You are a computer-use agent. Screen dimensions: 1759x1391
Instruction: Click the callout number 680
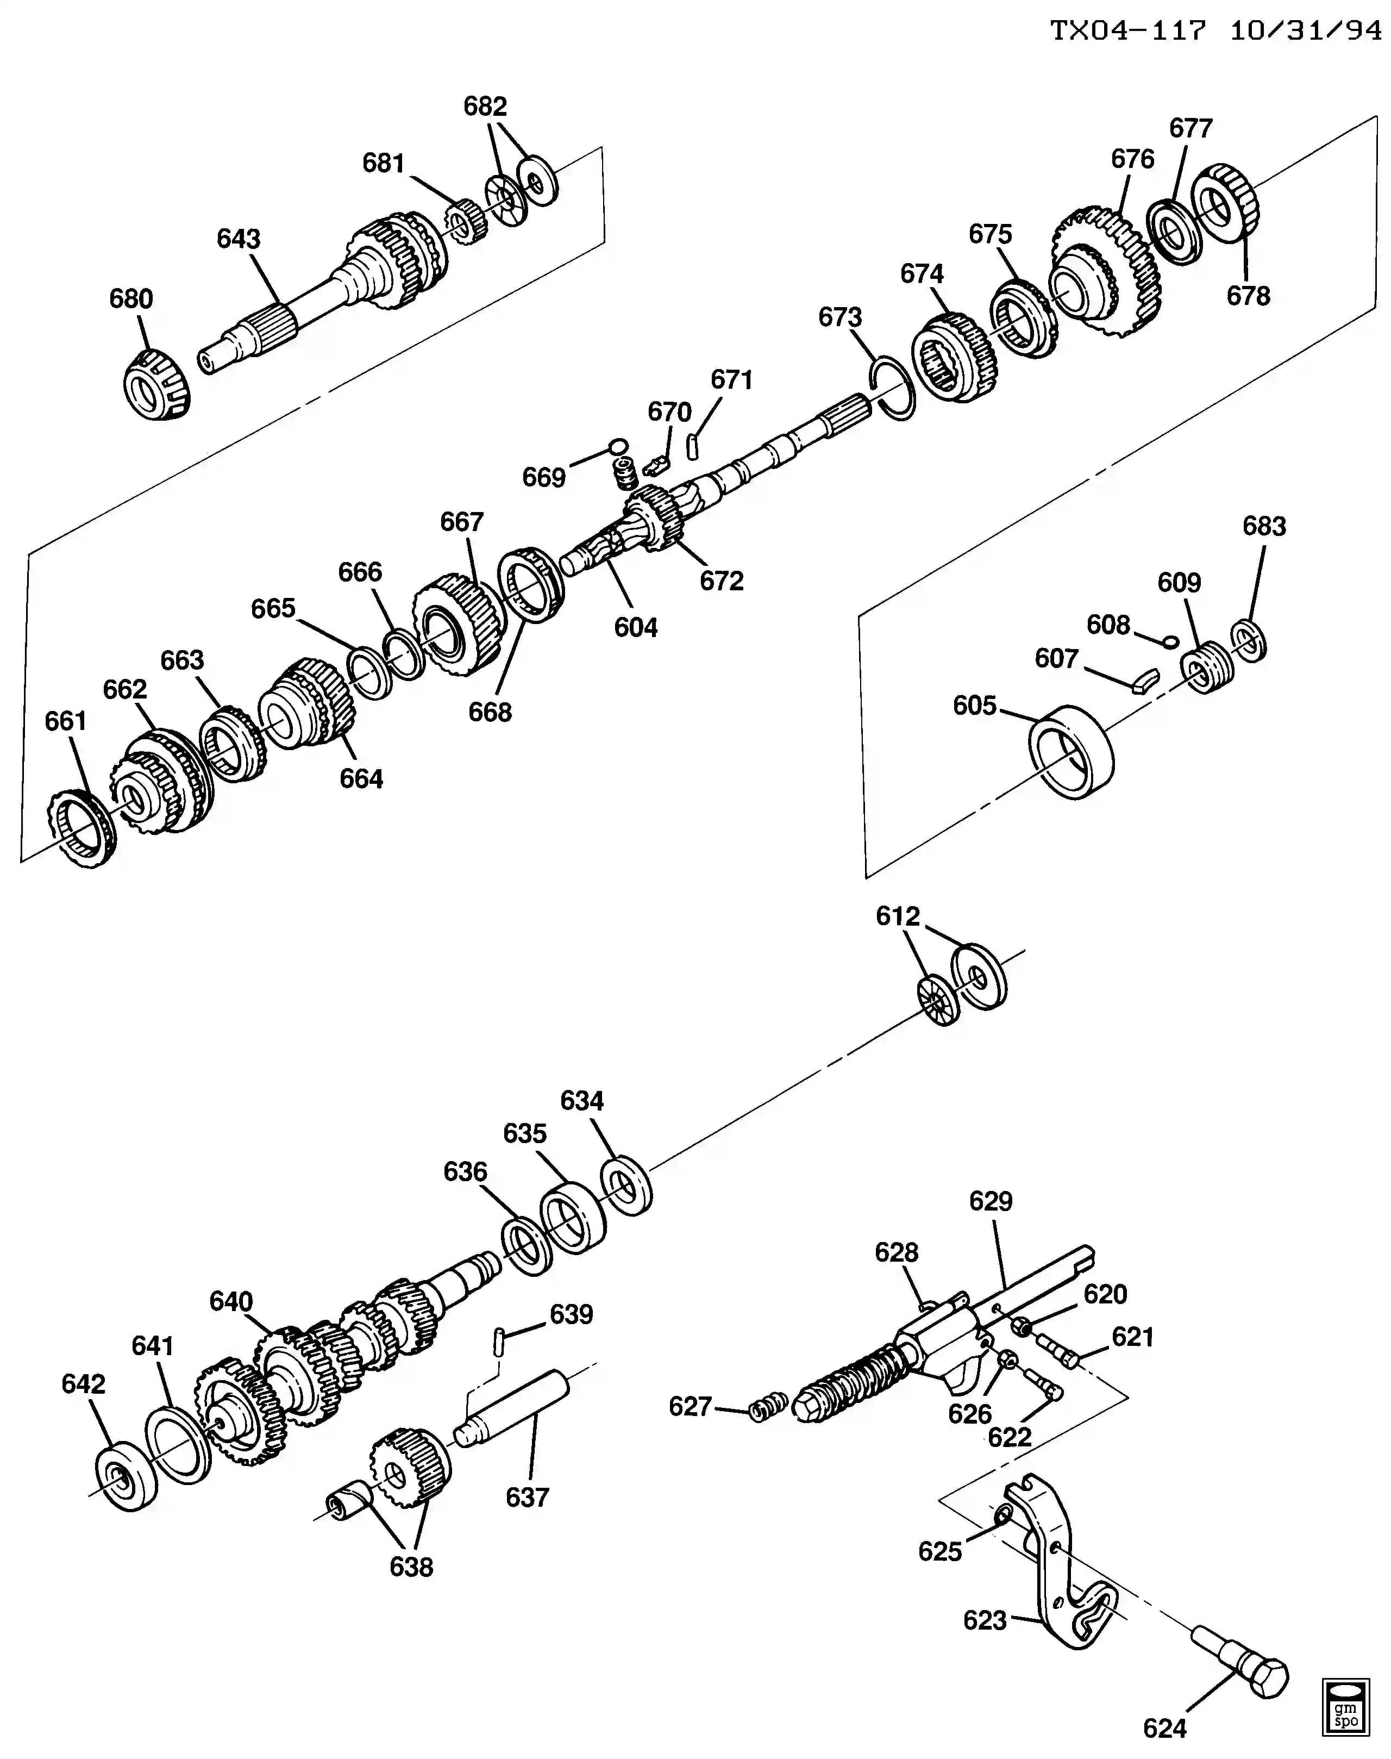click(x=131, y=299)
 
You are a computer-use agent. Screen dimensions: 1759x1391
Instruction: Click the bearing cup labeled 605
click(x=1071, y=751)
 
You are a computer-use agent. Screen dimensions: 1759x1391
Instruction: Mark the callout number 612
click(x=898, y=916)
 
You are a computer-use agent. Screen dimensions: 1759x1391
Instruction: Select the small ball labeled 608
click(x=1170, y=641)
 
